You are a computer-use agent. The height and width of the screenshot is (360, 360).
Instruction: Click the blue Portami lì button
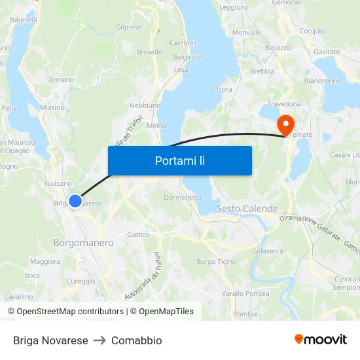[179, 160]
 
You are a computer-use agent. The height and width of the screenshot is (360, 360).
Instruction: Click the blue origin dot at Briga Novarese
[75, 201]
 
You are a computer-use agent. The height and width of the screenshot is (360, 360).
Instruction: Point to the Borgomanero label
[83, 243]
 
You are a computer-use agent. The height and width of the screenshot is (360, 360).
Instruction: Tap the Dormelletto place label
[182, 197]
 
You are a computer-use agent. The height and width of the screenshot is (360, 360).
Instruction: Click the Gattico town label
[138, 234]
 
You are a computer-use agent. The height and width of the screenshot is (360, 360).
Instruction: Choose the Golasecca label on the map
[268, 251]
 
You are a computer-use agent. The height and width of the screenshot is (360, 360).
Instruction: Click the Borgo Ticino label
[216, 262]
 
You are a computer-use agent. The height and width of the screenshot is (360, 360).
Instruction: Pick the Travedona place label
[283, 104]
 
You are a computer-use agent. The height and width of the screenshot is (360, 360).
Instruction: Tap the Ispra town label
[224, 89]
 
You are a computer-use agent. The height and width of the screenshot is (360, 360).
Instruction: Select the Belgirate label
[187, 58]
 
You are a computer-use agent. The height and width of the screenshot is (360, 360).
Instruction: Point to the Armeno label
[61, 80]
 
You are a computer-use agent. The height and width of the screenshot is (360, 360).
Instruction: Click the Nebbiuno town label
[145, 105]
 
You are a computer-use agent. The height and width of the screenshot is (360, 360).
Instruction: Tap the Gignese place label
[128, 27]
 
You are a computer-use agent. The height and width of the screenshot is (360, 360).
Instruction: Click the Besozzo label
[278, 48]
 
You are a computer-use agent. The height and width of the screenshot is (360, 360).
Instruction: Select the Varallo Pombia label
[245, 293]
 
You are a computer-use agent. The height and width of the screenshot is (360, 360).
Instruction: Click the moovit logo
[320, 340]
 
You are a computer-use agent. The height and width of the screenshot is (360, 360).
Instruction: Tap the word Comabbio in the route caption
[136, 340]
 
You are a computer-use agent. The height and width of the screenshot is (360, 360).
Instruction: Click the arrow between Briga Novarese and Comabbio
[99, 340]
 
